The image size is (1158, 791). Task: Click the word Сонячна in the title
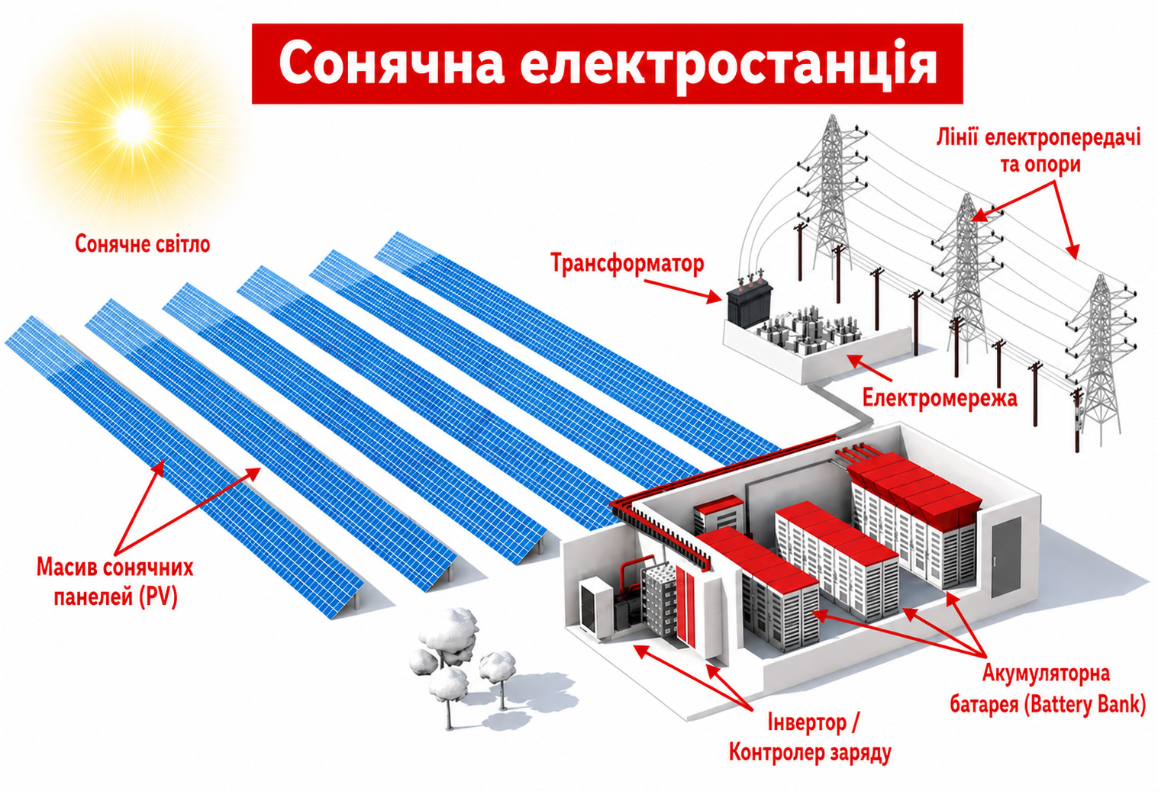[x=392, y=64]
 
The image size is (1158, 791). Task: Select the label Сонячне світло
[x=142, y=244]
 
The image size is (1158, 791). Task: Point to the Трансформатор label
[x=627, y=263]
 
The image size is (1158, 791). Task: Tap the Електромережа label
[x=940, y=398]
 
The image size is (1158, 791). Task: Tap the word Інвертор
[x=806, y=722]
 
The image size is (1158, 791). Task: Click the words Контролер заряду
[x=810, y=753]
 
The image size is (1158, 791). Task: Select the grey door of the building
[x=1006, y=558]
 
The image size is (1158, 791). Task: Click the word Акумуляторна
[x=1046, y=674]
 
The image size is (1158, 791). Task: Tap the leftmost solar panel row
[x=184, y=468]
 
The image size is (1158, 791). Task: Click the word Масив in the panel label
[x=66, y=568]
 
